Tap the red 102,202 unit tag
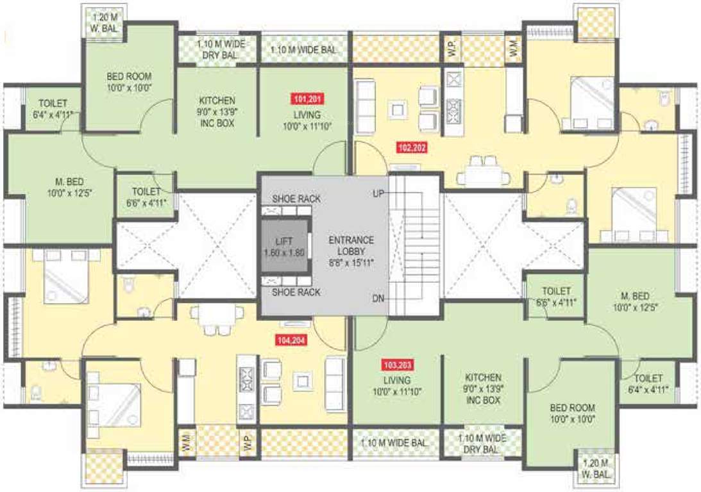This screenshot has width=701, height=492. click(x=413, y=147)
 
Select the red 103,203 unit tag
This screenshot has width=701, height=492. click(x=398, y=366)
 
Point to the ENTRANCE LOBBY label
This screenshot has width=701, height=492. click(x=351, y=246)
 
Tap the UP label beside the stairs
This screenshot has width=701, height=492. click(x=378, y=193)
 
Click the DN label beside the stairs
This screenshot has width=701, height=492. click(x=378, y=299)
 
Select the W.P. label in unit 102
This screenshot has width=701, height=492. click(x=452, y=51)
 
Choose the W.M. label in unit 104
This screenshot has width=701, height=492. click(x=186, y=442)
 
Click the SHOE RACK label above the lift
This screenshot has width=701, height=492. click(x=296, y=199)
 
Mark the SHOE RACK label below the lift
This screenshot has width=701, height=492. click(x=296, y=293)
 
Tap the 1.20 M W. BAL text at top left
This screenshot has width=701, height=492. click(x=103, y=22)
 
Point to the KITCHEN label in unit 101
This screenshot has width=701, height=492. click(x=217, y=111)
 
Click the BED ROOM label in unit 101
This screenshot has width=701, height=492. click(x=129, y=81)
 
